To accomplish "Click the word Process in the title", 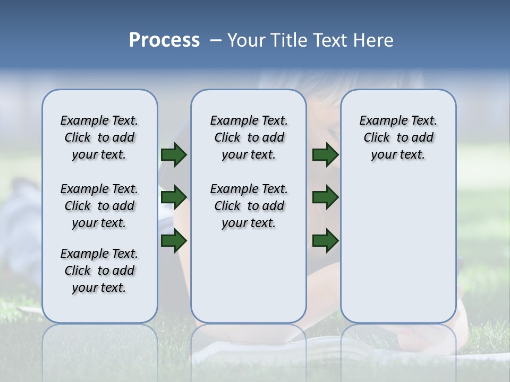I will (x=164, y=40).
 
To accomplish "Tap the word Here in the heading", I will (x=371, y=40).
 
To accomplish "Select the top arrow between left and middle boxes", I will (x=174, y=154).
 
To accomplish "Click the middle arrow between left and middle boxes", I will (x=174, y=197).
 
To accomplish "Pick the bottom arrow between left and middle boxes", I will (x=174, y=240).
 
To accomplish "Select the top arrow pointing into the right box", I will (x=326, y=154).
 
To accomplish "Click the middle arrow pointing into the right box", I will (x=326, y=197).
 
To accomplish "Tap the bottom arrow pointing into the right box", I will (x=326, y=240).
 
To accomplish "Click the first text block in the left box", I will (x=99, y=137).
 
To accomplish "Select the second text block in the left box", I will (x=99, y=206).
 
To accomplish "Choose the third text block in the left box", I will (x=99, y=271).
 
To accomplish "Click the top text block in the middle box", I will (x=249, y=137).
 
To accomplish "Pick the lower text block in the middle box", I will (x=249, y=206).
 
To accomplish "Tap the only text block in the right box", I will (x=398, y=137).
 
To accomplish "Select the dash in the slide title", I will (x=216, y=40).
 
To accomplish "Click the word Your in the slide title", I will (x=248, y=40).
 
